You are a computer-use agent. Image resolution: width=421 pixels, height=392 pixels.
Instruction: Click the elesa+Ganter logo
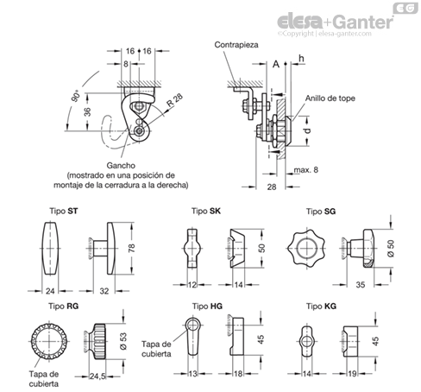point(336,22)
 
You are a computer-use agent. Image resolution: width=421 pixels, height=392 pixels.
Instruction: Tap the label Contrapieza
point(236,45)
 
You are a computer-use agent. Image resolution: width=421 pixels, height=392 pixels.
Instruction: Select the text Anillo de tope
point(330,98)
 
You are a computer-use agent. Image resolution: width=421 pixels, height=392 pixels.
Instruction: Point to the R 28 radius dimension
point(175,100)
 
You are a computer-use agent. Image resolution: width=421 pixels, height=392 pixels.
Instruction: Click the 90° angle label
point(76,96)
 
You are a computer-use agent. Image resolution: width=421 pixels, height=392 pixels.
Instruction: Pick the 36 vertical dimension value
point(88,111)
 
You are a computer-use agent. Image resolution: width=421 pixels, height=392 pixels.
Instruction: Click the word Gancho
point(121,166)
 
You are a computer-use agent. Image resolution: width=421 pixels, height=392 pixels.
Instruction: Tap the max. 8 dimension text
point(306,170)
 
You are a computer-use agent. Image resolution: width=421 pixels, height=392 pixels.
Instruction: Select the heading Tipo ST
point(64,211)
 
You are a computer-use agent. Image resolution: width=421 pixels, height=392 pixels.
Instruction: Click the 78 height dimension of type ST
point(131,248)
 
